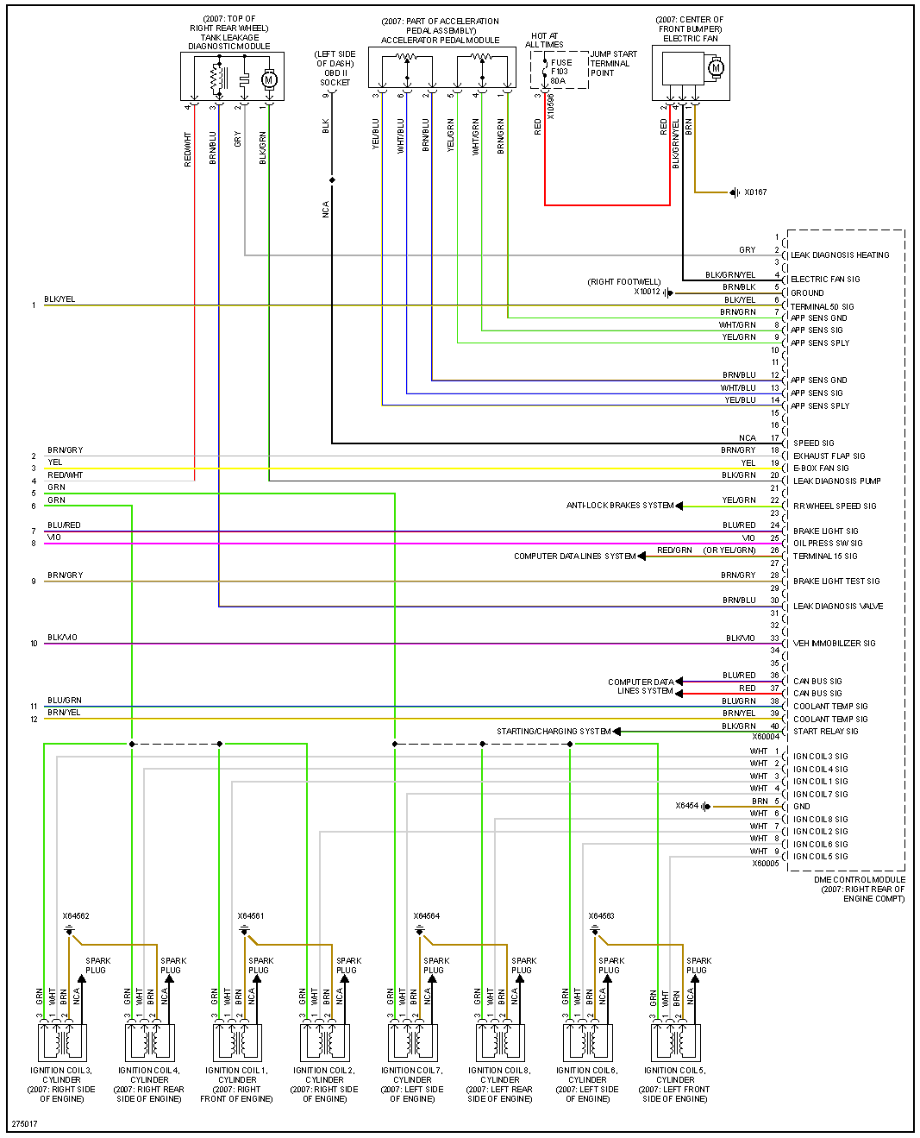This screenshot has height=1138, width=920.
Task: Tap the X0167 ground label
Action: (755, 192)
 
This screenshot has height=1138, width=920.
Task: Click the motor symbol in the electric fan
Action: (715, 68)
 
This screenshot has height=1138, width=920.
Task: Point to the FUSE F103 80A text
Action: (560, 72)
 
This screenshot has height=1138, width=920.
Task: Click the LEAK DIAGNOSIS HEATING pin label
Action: (840, 255)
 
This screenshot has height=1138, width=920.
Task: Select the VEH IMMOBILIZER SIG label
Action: (834, 644)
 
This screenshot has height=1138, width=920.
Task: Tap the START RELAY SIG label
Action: (825, 732)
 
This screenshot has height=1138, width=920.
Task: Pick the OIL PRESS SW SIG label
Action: (827, 544)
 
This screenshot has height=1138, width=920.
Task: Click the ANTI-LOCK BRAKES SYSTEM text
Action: (619, 506)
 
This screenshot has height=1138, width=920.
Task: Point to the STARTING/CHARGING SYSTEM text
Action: (553, 732)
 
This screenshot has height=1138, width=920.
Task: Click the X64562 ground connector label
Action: (76, 916)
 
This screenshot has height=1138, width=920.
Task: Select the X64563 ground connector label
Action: (601, 916)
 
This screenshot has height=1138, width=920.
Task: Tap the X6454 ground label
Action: (686, 806)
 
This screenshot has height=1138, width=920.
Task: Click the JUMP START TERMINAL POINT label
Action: (613, 64)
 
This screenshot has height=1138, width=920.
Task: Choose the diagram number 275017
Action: (24, 1124)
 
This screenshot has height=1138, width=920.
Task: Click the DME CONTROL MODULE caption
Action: (860, 889)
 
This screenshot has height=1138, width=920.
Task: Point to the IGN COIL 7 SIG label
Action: (820, 795)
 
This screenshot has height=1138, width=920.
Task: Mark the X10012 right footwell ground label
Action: (647, 292)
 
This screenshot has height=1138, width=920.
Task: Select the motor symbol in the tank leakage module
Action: (268, 79)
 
